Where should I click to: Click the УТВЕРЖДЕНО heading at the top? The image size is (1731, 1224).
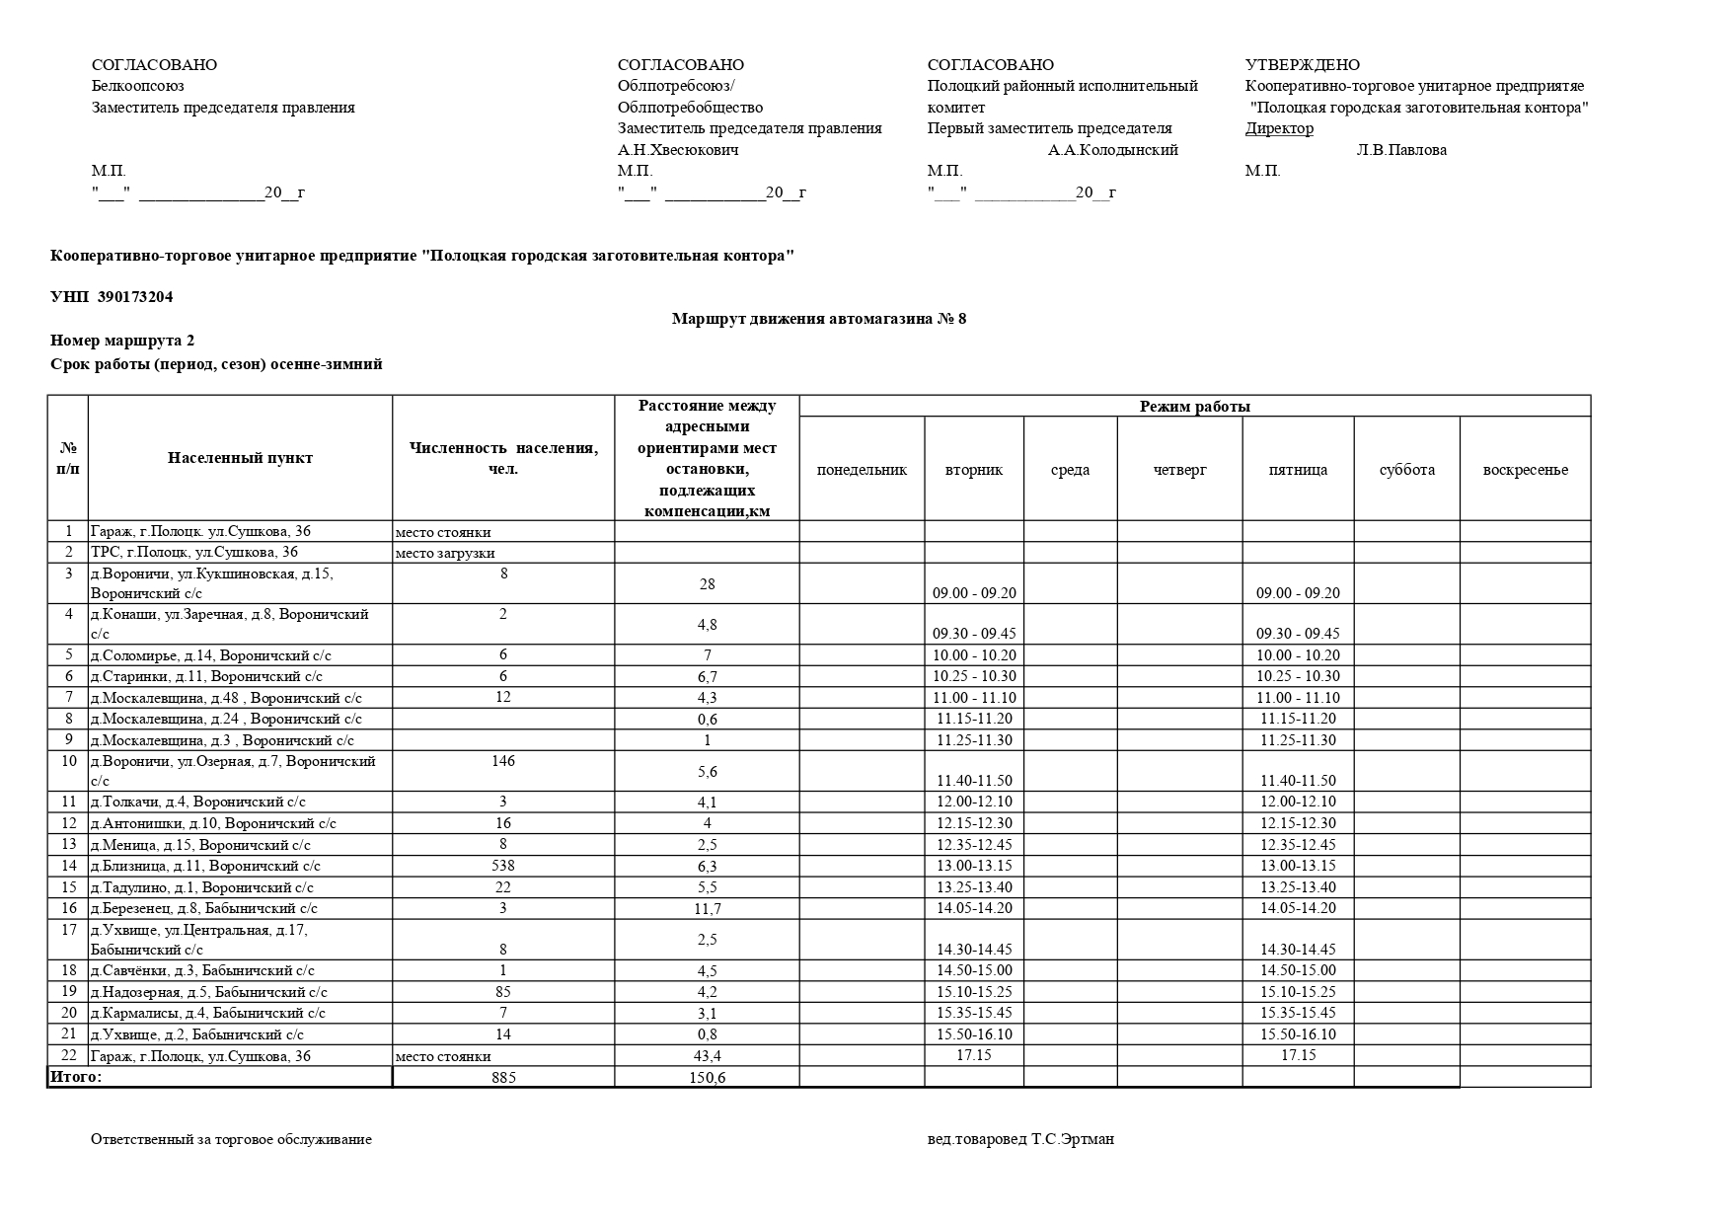pos(1302,65)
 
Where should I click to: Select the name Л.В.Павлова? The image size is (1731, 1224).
pos(1401,150)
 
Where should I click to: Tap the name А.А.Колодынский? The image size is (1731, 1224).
pos(1112,150)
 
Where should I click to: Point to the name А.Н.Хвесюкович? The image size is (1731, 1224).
pos(678,150)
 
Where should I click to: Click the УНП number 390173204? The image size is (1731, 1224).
pos(135,297)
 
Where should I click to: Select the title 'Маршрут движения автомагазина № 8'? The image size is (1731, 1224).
pos(818,319)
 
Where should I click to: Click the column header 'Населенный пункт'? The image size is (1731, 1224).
pos(240,458)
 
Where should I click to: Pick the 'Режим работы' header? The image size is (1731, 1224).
pos(1194,407)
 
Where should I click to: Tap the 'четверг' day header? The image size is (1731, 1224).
pos(1179,470)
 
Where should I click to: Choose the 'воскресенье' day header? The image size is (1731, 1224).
pos(1525,470)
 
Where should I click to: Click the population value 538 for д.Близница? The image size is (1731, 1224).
pos(503,866)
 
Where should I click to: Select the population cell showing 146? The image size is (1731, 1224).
pos(503,761)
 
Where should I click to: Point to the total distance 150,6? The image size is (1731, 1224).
pos(707,1078)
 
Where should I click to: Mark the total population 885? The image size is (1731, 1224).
pos(503,1078)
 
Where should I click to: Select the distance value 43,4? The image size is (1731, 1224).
pos(707,1056)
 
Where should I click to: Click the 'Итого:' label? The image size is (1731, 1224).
pos(76,1077)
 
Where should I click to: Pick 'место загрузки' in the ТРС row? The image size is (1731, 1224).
pos(445,553)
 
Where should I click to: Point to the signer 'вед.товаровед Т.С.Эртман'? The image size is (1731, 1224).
pos(1020,1139)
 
